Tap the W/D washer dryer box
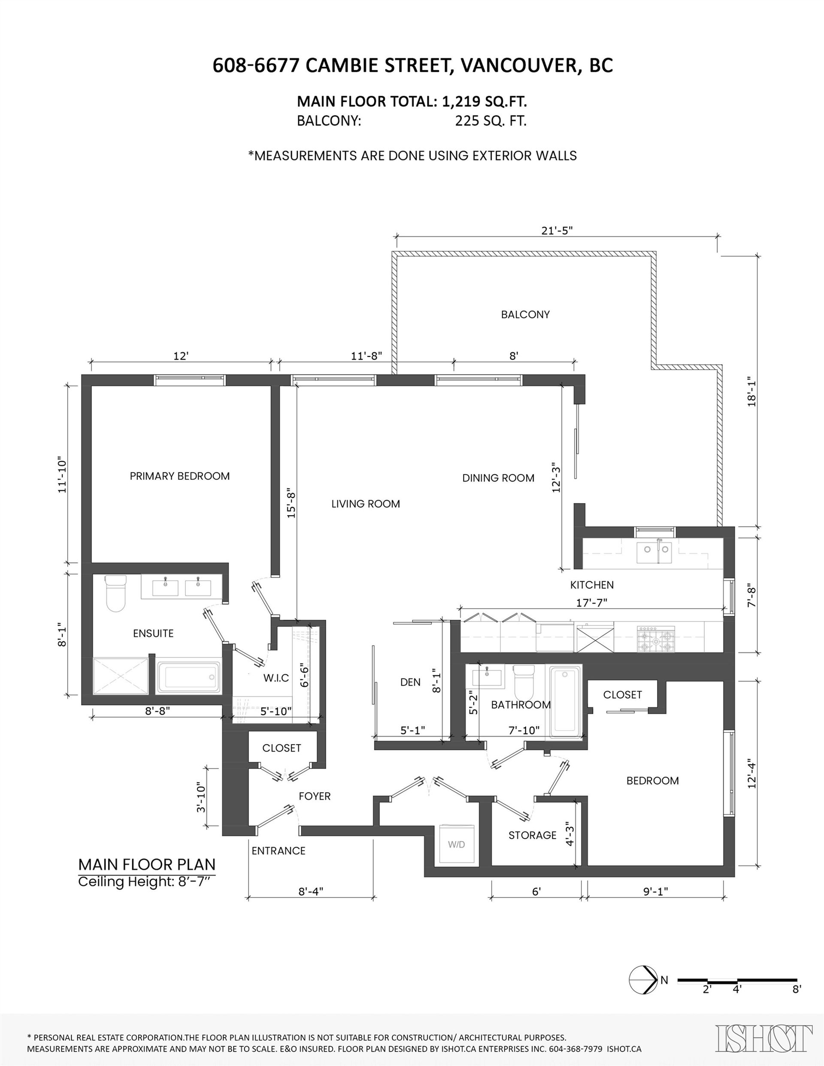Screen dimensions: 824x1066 click(457, 844)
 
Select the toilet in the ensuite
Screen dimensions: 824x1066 click(116, 592)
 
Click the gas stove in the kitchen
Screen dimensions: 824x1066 click(655, 640)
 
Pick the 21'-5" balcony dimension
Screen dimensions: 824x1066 click(557, 230)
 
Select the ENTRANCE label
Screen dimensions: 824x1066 click(279, 851)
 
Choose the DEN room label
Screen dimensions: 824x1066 click(410, 682)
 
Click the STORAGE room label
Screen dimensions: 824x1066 click(533, 835)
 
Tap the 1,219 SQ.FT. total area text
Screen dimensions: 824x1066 click(485, 102)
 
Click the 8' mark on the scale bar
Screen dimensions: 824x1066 click(797, 989)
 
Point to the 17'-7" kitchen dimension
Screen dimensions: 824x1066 click(591, 603)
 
